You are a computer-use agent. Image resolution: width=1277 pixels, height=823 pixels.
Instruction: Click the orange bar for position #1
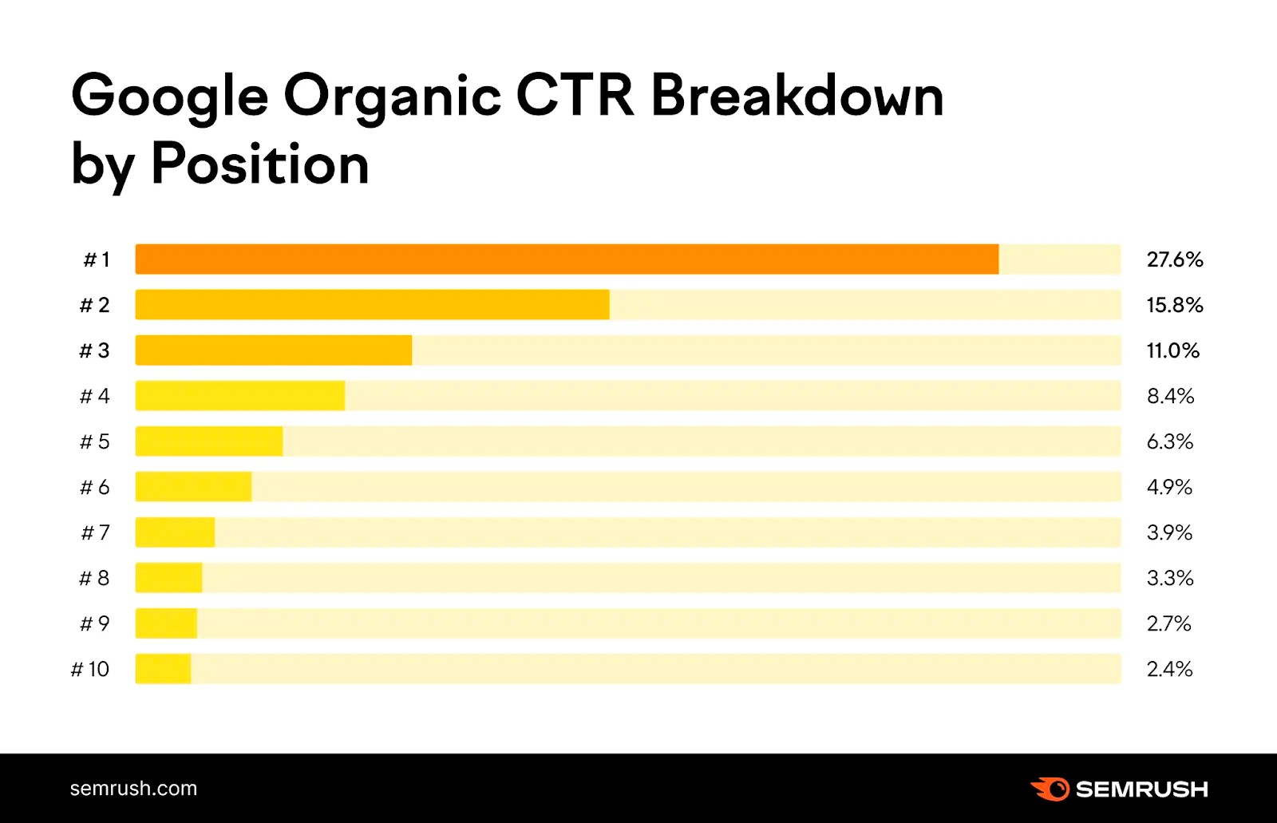pyautogui.click(x=567, y=259)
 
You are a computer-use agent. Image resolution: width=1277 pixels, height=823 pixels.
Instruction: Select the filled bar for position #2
pyautogui.click(x=372, y=305)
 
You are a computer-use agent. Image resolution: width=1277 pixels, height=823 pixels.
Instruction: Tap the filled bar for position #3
pyautogui.click(x=274, y=350)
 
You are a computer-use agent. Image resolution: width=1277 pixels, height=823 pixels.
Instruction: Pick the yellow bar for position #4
pyautogui.click(x=239, y=396)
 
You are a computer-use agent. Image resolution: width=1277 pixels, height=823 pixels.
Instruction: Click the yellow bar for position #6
pyautogui.click(x=193, y=487)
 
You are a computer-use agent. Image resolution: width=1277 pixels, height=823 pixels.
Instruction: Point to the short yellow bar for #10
pyautogui.click(x=163, y=669)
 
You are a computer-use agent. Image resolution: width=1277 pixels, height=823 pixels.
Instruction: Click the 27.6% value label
pyautogui.click(x=1174, y=259)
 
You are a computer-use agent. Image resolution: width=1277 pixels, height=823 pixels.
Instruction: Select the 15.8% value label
pyautogui.click(x=1174, y=305)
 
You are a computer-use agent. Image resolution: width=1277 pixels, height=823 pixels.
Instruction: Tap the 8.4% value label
pyautogui.click(x=1170, y=396)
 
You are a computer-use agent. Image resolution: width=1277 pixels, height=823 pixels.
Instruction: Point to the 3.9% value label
pyautogui.click(x=1169, y=532)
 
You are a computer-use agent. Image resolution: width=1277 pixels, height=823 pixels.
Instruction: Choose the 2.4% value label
pyautogui.click(x=1169, y=669)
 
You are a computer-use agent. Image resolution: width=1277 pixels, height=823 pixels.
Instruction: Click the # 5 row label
pyautogui.click(x=95, y=441)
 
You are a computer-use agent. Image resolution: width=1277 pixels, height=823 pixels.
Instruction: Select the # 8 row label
pyautogui.click(x=94, y=578)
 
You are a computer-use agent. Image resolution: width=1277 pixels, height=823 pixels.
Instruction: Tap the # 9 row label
pyautogui.click(x=94, y=623)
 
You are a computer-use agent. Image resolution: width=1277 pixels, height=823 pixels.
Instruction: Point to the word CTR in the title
pyautogui.click(x=575, y=96)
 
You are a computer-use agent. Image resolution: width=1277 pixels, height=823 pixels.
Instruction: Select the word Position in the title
pyautogui.click(x=260, y=164)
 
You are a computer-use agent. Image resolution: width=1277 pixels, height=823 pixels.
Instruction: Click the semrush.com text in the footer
pyautogui.click(x=133, y=789)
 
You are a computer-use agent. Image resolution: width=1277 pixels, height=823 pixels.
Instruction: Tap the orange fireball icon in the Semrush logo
pyautogui.click(x=1050, y=789)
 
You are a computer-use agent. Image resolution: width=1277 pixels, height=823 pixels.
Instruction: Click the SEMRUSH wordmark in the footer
pyautogui.click(x=1141, y=789)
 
